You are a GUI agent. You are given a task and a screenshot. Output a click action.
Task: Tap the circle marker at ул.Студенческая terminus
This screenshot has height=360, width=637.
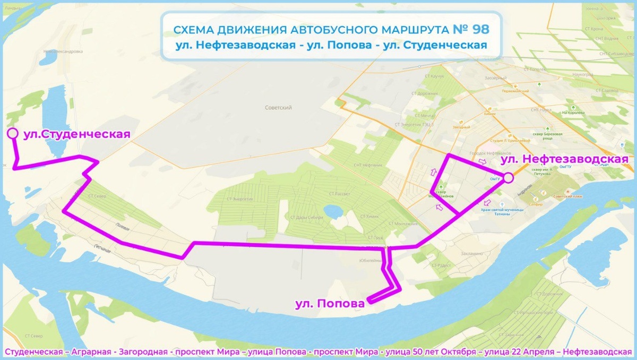point(12,134)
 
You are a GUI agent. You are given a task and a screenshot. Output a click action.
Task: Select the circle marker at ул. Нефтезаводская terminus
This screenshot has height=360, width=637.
point(508,178)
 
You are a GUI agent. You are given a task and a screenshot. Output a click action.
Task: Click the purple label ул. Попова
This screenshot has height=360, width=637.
point(330,304)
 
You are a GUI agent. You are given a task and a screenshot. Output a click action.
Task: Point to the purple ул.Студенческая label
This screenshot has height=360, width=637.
point(77,134)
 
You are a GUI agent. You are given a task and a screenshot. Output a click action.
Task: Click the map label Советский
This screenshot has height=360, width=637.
point(279,107)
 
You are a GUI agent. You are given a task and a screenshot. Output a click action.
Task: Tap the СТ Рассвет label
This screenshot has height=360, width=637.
point(340,194)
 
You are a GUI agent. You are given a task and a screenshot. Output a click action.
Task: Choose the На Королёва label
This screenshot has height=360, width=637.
point(572,113)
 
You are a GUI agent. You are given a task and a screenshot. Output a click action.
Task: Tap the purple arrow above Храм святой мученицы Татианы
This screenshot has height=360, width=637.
point(487,202)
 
